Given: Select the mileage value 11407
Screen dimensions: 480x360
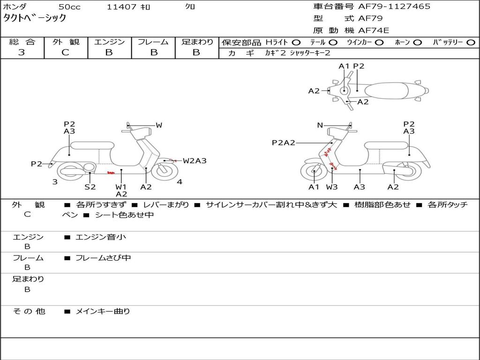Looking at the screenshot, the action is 121,7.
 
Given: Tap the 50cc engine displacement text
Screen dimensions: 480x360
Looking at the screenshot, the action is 69,7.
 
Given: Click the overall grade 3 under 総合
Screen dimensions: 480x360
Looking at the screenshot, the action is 22,52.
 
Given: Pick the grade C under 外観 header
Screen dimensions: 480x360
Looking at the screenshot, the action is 65,52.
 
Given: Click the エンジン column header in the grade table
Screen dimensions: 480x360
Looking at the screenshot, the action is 109,42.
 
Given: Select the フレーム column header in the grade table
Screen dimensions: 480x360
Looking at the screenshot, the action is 153,42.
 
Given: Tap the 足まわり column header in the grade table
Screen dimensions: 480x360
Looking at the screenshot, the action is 197,42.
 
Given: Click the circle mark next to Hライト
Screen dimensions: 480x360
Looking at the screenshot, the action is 296,43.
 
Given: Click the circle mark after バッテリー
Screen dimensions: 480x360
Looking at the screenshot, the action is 470,43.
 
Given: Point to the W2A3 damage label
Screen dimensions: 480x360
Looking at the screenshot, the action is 195,161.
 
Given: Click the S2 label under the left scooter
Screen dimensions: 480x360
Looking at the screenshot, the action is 90,187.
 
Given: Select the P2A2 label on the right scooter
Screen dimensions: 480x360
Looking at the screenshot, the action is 284,142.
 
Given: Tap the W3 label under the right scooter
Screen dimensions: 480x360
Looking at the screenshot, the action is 332,187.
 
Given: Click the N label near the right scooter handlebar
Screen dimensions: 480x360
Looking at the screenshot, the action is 320,125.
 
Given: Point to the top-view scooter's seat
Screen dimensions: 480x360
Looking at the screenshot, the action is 387,90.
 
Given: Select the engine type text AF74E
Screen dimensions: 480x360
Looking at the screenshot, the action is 374,31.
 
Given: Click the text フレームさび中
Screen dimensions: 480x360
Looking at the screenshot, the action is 103,258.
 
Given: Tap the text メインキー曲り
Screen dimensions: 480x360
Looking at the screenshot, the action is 103,311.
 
